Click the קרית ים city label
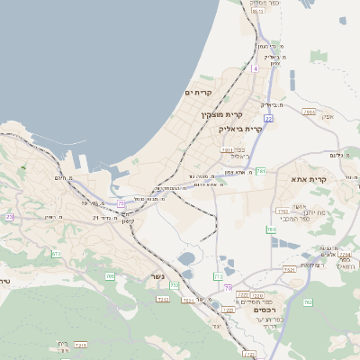(197, 93)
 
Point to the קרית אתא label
(310, 180)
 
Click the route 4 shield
(256, 67)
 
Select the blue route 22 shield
(268, 118)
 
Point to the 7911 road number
(310, 112)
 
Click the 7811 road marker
(226, 150)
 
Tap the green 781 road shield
(260, 170)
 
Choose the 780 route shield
(270, 229)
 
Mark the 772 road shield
(218, 276)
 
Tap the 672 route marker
(55, 255)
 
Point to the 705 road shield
(110, 276)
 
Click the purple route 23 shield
(10, 217)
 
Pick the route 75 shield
(121, 204)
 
